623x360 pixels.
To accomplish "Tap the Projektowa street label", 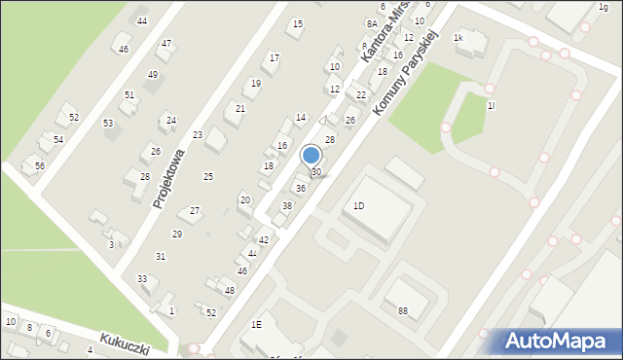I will tap(168, 179).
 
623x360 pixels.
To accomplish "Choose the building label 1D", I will tap(358, 206).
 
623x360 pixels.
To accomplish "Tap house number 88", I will tap(403, 311).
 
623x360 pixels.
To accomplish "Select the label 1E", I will tap(256, 324).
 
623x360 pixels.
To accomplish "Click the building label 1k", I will tap(458, 37).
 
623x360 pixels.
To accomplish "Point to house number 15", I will tap(298, 24).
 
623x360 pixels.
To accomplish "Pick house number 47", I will tap(166, 43).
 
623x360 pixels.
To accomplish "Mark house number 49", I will tap(152, 75).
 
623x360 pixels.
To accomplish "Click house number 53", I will tap(108, 123).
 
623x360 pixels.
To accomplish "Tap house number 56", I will tap(40, 165).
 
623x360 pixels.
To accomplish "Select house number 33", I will tap(142, 278).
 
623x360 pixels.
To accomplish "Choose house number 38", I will tap(286, 205).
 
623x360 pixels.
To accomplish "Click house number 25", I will tap(207, 176).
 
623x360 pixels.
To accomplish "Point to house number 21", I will tap(239, 108).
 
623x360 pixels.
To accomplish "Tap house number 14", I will tap(301, 117).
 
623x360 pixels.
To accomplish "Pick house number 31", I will tap(161, 256).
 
